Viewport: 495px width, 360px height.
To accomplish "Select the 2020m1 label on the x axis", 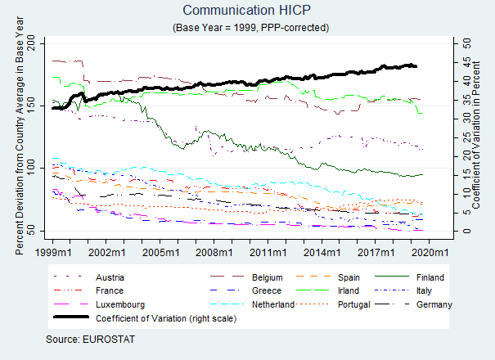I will (x=429, y=252).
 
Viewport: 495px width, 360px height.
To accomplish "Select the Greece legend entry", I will (x=267, y=290).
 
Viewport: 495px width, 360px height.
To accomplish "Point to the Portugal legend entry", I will (x=358, y=304).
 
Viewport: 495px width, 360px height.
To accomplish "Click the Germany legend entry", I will (x=430, y=304).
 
